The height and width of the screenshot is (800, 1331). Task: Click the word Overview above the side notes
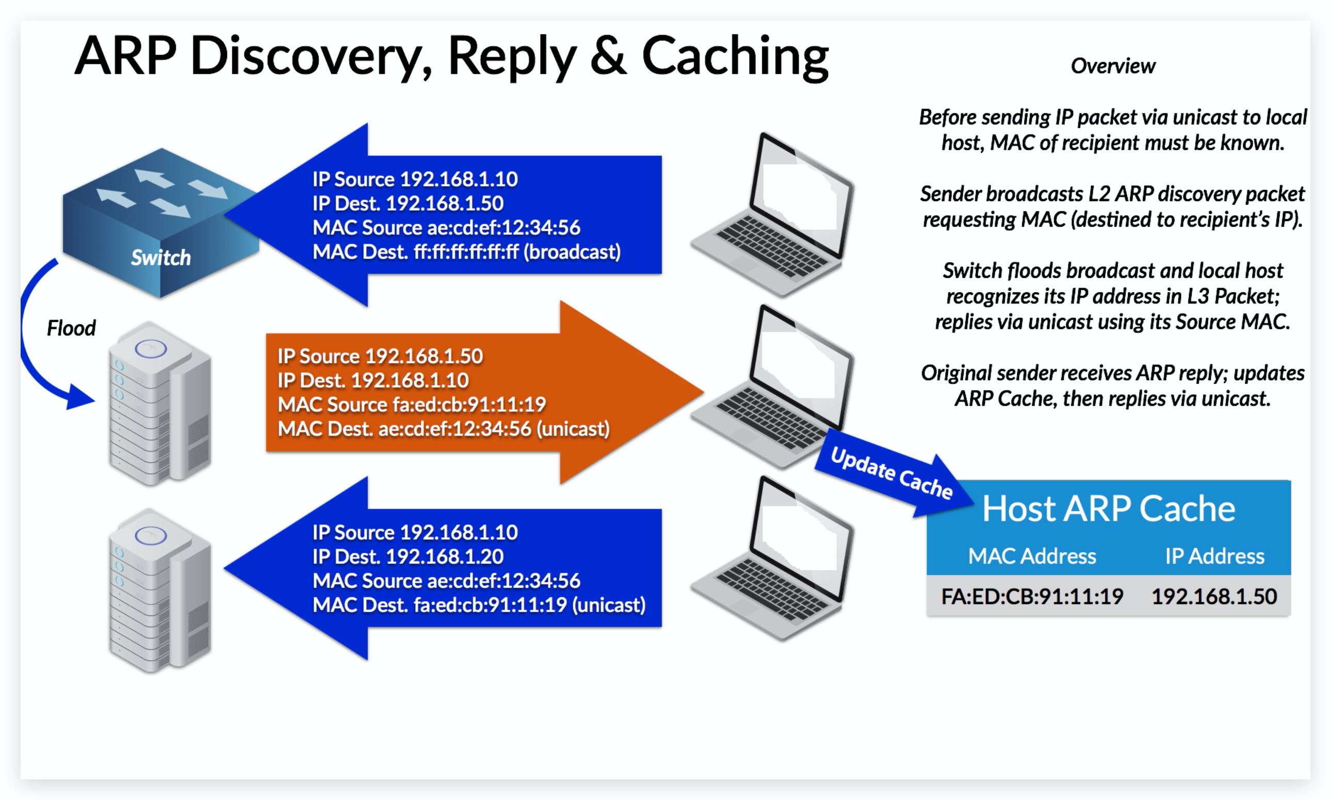[x=1112, y=66]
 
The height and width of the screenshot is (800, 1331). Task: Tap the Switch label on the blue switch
[x=160, y=258]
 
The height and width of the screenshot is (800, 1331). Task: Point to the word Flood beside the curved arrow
[x=71, y=328]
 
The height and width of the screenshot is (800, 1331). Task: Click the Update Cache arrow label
[x=891, y=472]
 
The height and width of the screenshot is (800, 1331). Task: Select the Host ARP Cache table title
[x=1108, y=508]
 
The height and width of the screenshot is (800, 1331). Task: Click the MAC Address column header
[x=1031, y=556]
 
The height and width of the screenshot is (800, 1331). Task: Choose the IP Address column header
[x=1214, y=556]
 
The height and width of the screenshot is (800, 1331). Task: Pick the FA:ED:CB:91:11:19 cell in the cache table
[x=1031, y=596]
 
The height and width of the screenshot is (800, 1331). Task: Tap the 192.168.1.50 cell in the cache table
[x=1214, y=596]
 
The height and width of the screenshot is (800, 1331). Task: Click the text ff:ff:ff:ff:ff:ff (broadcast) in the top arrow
[x=517, y=252]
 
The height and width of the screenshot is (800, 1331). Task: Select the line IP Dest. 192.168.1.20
[x=408, y=556]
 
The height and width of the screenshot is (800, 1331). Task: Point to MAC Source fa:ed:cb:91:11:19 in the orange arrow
[x=412, y=404]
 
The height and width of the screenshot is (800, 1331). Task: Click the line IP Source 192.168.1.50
[x=380, y=356]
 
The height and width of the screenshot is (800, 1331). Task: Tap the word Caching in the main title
[x=735, y=56]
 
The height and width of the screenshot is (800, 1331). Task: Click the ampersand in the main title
[x=608, y=56]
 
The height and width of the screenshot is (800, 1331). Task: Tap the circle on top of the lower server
[x=150, y=535]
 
